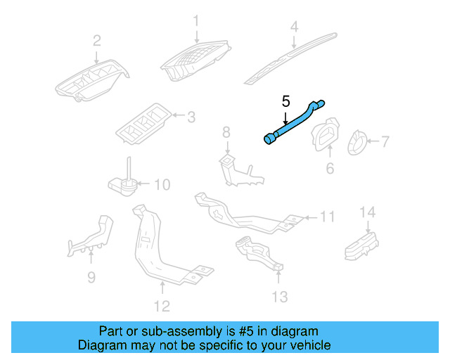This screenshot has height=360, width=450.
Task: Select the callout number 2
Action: pyautogui.click(x=97, y=40)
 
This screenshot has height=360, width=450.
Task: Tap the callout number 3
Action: pyautogui.click(x=191, y=116)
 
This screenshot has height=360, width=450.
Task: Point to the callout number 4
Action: pyautogui.click(x=295, y=27)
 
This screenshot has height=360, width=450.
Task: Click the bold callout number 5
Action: pyautogui.click(x=285, y=101)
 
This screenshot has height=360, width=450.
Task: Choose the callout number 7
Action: pyautogui.click(x=385, y=142)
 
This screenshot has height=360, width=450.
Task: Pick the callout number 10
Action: pyautogui.click(x=162, y=185)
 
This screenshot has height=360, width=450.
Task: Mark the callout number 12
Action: pyautogui.click(x=162, y=306)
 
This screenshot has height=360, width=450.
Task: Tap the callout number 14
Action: pyautogui.click(x=368, y=212)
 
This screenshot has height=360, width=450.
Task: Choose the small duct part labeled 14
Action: pyautogui.click(x=360, y=243)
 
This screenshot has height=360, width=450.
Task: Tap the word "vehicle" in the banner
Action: pyautogui.click(x=309, y=345)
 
